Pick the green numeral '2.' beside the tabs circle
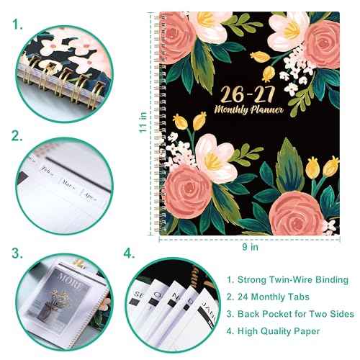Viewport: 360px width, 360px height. pyautogui.click(x=16, y=135)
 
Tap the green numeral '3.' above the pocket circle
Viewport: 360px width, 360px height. pyautogui.click(x=16, y=253)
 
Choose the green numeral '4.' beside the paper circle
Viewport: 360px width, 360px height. pyautogui.click(x=130, y=253)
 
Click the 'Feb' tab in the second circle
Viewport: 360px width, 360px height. pyautogui.click(x=48, y=173)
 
